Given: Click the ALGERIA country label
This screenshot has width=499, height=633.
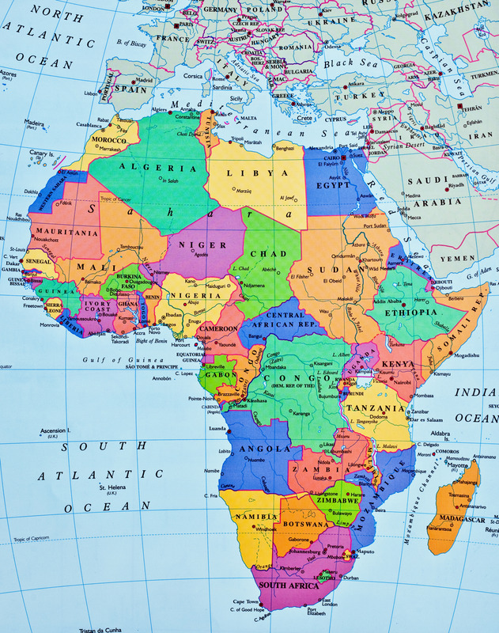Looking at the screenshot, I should [158, 168].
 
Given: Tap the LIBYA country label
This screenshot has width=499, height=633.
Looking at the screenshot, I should [257, 172].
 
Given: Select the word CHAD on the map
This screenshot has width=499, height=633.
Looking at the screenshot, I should [268, 253].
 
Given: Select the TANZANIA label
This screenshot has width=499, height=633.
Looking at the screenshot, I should [383, 408].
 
